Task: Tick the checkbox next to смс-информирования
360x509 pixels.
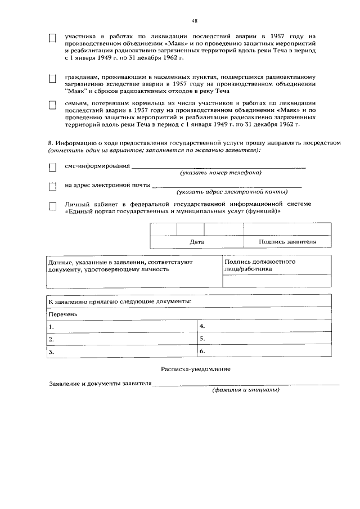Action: click(x=53, y=168)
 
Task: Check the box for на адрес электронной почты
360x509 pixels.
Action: click(x=53, y=186)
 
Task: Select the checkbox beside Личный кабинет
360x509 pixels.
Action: click(x=53, y=206)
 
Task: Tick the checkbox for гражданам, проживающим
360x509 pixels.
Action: click(x=53, y=79)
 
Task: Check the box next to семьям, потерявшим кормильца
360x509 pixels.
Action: click(x=53, y=105)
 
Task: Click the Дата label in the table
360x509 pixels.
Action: click(x=197, y=242)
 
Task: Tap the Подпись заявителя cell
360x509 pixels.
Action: click(x=287, y=242)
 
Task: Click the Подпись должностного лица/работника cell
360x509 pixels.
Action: click(x=260, y=265)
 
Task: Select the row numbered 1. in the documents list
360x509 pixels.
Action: click(x=121, y=326)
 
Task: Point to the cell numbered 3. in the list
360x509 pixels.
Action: click(x=121, y=352)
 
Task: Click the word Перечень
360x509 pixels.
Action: click(x=62, y=314)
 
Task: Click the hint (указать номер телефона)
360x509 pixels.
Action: click(x=220, y=173)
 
